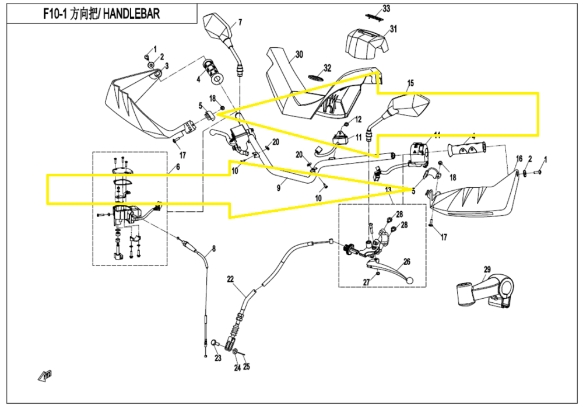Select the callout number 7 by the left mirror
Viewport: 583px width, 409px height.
240,23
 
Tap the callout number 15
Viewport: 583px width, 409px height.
410,83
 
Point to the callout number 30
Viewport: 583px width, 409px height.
299,55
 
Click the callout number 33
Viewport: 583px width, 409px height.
386,8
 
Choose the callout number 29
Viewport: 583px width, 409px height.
487,269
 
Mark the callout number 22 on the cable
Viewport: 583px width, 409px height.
230,278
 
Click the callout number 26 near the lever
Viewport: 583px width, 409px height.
406,262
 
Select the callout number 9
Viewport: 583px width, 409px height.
279,187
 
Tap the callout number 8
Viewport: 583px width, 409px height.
213,249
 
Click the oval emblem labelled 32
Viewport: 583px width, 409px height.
315,78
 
